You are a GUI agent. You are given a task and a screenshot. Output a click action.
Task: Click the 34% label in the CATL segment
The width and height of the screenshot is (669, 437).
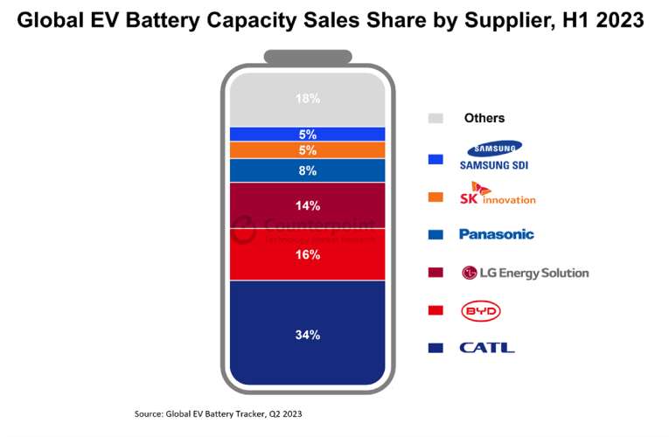(x=307, y=335)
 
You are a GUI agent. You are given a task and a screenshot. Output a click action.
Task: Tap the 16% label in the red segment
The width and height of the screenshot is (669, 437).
(x=307, y=254)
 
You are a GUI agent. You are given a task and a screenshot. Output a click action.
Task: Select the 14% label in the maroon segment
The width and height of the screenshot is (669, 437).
(x=307, y=206)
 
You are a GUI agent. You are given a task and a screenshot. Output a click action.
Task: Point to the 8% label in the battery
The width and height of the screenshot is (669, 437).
(x=307, y=171)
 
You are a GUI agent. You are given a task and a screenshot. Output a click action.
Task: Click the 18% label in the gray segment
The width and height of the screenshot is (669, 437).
(x=307, y=99)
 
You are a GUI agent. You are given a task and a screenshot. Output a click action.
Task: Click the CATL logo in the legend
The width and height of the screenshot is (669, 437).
(x=487, y=348)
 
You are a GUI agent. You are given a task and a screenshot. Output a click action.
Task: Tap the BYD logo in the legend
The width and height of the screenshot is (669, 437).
(x=480, y=310)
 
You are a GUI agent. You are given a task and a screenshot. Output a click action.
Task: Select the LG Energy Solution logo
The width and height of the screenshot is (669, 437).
(x=524, y=273)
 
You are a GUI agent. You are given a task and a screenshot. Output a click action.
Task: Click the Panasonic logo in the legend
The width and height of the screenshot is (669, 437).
(x=496, y=234)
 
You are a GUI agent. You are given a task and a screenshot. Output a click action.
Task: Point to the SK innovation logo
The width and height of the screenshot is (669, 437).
(x=497, y=194)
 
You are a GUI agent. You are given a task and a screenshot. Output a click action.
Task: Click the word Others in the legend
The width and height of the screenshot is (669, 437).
(x=484, y=118)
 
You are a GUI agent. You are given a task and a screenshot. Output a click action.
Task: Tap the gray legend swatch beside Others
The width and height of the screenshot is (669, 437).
(x=436, y=118)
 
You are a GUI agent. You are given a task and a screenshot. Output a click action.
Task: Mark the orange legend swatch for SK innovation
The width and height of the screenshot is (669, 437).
(x=436, y=198)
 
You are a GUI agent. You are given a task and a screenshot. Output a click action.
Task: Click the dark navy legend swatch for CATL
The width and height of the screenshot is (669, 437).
(x=436, y=348)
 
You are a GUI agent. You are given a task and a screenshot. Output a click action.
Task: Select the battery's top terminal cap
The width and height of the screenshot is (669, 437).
(x=307, y=57)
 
